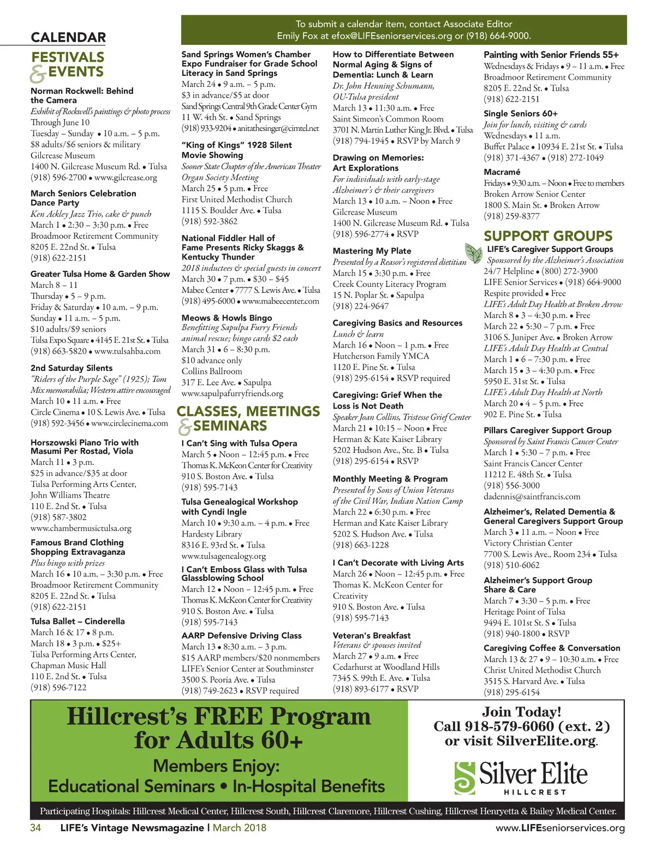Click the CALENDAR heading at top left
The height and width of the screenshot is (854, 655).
pos(68,38)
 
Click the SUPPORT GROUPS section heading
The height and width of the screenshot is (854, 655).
pos(547,236)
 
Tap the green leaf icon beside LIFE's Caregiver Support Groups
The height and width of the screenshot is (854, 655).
pos(473,252)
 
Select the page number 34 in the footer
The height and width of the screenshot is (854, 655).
pos(35,828)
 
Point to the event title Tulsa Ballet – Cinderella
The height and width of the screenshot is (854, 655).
pos(78,621)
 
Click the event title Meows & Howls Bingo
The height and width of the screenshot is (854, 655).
pos(227,318)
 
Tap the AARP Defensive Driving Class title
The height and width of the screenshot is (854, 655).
pos(241,635)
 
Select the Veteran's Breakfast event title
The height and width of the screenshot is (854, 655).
pos(372,635)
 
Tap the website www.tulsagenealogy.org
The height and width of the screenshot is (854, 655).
pos(224,556)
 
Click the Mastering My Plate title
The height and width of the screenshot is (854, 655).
pos(372,251)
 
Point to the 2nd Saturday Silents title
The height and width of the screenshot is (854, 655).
pos(72,368)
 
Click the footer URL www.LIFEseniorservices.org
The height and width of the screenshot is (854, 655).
pos(560,828)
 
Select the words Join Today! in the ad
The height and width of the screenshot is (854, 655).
pos(521,712)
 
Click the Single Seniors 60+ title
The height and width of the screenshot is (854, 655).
pos(520,114)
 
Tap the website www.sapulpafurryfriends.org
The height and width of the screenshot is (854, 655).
pos(232,393)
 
